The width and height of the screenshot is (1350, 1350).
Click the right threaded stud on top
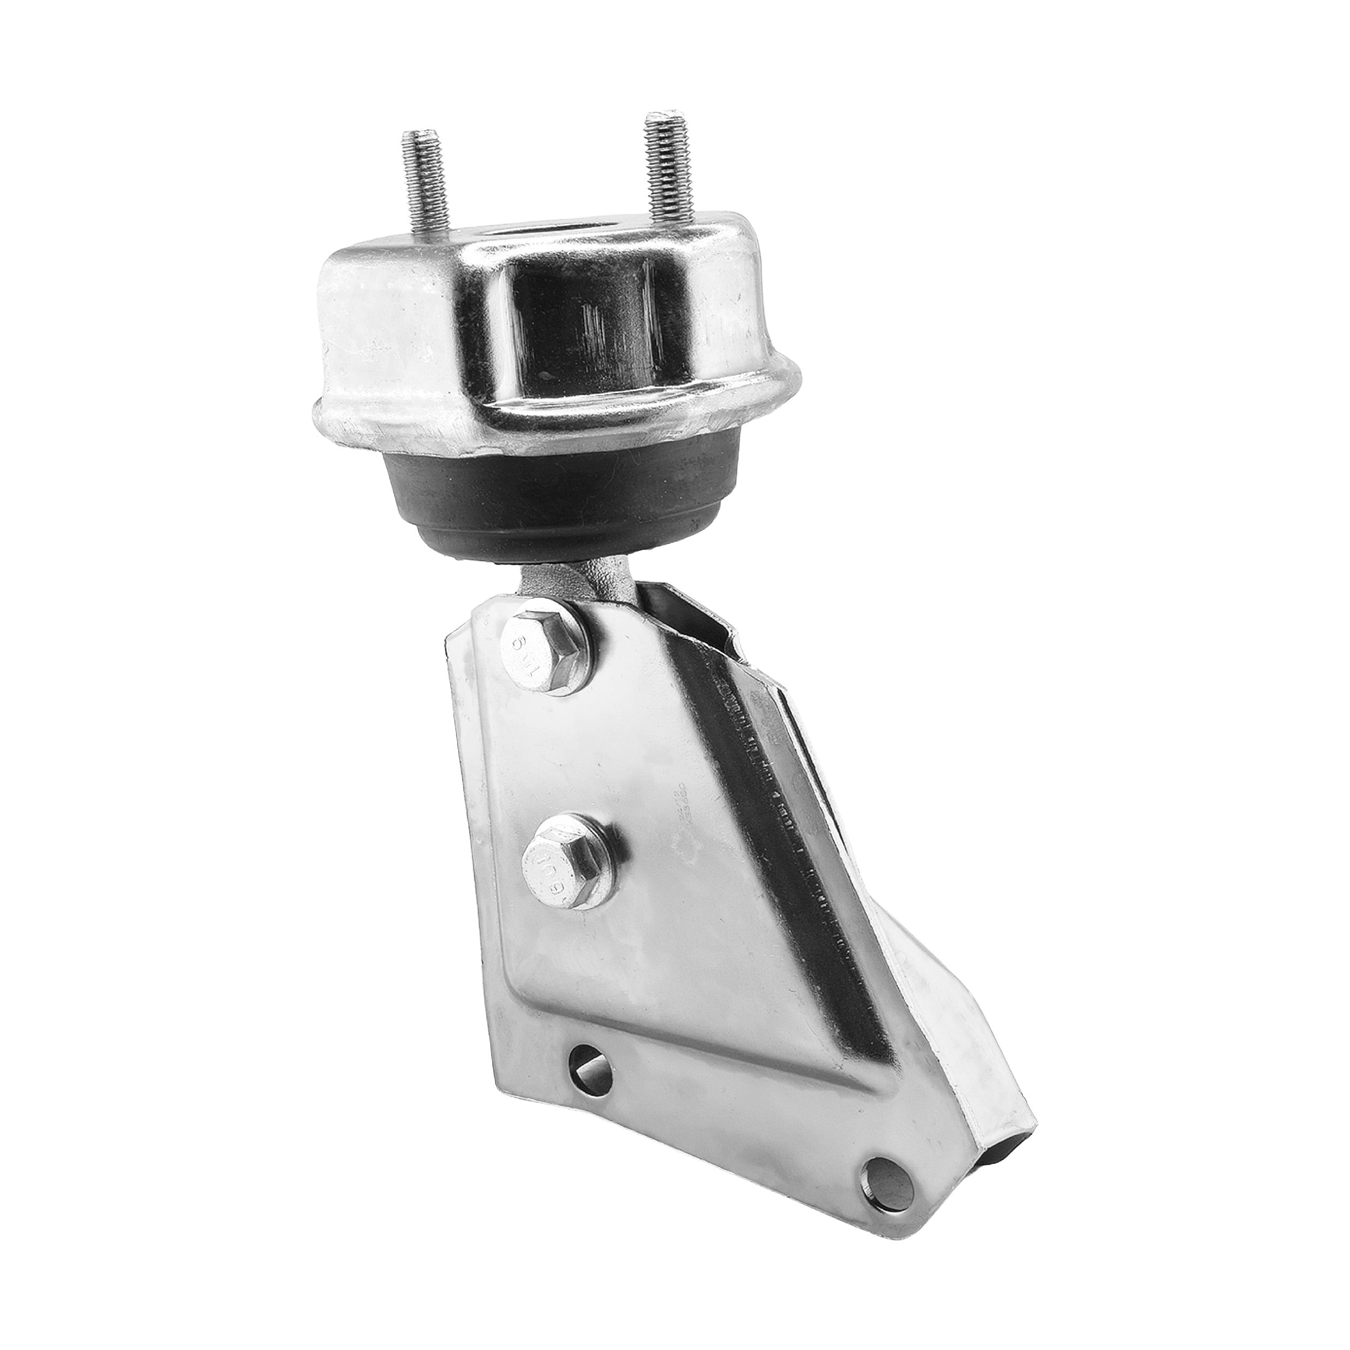pos(668,168)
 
